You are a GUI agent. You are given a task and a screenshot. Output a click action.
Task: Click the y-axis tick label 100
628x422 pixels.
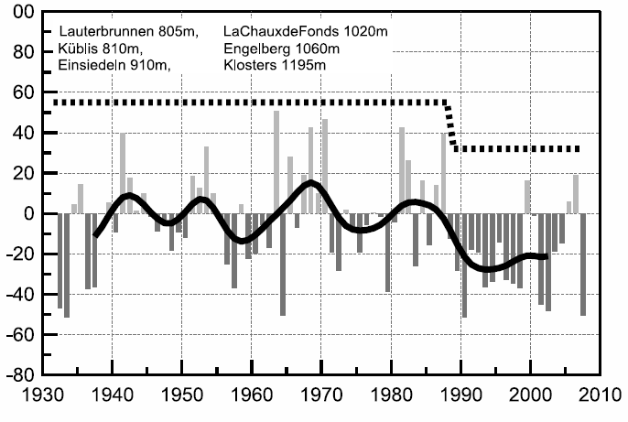click(20, 13)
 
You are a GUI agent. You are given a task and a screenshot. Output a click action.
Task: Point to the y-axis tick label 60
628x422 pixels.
click(25, 93)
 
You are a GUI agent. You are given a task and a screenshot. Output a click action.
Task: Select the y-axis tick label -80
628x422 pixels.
click(22, 375)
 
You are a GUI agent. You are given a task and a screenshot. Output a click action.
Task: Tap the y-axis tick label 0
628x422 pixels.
click(30, 214)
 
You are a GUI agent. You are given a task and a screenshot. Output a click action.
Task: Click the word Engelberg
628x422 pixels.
click(255, 49)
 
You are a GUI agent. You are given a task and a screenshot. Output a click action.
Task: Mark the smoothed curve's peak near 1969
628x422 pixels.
click(311, 183)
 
